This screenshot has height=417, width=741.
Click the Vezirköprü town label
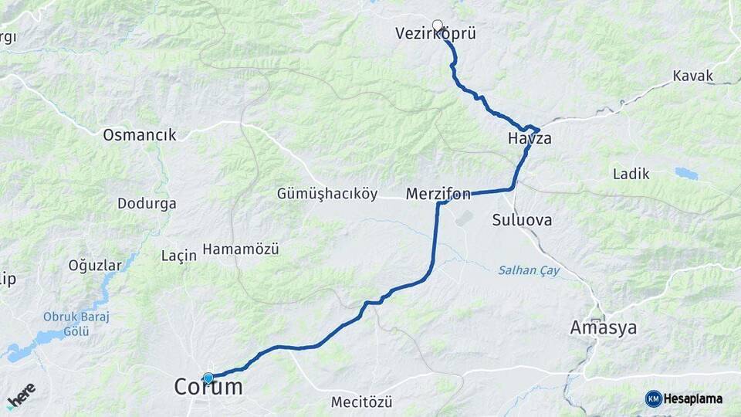click(435, 34)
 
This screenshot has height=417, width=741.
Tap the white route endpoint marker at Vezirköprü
click(438, 25)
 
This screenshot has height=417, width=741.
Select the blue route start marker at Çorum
click(208, 378)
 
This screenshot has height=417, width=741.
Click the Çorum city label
click(208, 388)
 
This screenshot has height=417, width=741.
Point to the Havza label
click(530, 139)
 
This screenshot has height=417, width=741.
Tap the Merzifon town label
click(438, 194)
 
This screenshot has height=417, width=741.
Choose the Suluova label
click(522, 220)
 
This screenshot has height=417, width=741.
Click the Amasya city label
click(603, 327)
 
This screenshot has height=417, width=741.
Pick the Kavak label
click(692, 76)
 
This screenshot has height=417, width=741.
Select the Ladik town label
click(631, 174)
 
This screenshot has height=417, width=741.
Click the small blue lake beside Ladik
click(685, 173)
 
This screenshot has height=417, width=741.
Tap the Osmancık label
click(140, 135)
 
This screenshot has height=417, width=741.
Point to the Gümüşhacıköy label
click(327, 194)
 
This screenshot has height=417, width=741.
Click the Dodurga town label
click(147, 204)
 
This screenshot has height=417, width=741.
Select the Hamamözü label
click(240, 249)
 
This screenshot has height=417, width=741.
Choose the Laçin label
click(179, 256)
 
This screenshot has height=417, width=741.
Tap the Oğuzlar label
click(95, 266)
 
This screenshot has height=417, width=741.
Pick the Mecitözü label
click(361, 402)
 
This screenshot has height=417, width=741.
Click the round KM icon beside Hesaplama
click(653, 398)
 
